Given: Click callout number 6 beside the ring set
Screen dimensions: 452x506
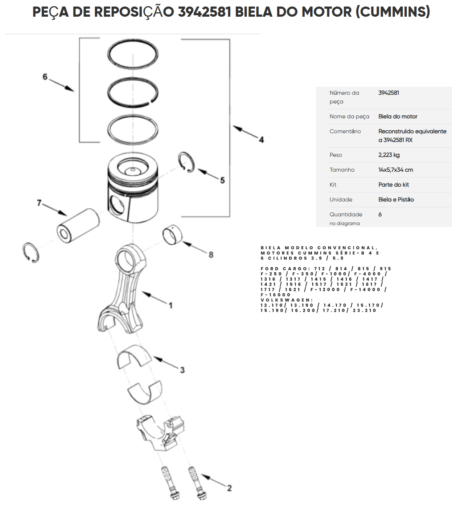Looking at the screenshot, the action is (x=45, y=77).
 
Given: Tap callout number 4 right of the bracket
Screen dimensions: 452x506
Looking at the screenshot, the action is (x=261, y=140).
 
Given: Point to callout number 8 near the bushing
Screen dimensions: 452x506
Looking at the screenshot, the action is (x=211, y=255).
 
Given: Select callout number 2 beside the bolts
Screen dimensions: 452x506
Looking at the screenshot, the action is (x=229, y=488).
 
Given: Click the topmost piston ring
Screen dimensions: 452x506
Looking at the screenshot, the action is (x=133, y=40).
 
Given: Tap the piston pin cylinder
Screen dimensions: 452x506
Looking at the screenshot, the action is (x=78, y=226).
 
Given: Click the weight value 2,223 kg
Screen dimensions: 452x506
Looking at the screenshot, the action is (x=389, y=155).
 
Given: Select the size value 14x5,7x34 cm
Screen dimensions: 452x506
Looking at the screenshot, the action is (x=396, y=170).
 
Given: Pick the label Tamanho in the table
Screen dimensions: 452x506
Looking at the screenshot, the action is (x=342, y=170).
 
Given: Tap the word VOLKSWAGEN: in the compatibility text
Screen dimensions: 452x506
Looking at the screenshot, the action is (x=287, y=300).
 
